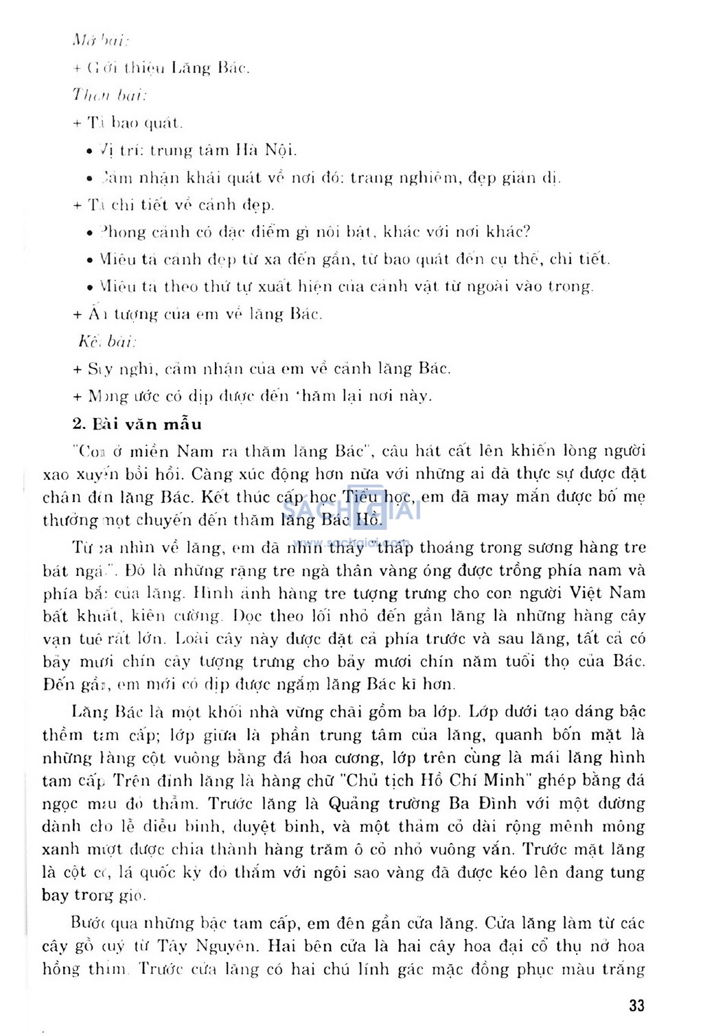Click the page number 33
coord(636,1006)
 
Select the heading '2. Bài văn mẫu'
coord(137,424)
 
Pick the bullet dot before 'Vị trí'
coord(91,151)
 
